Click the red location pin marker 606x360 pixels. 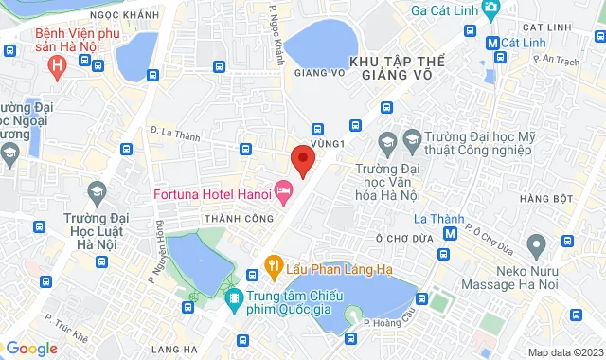(302, 159)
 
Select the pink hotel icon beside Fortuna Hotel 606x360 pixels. (282, 191)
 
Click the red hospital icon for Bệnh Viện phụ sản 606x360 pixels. (57, 66)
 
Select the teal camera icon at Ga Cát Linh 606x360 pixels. (490, 10)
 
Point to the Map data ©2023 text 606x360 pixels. (563, 352)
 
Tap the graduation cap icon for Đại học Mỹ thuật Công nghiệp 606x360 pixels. (386, 143)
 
